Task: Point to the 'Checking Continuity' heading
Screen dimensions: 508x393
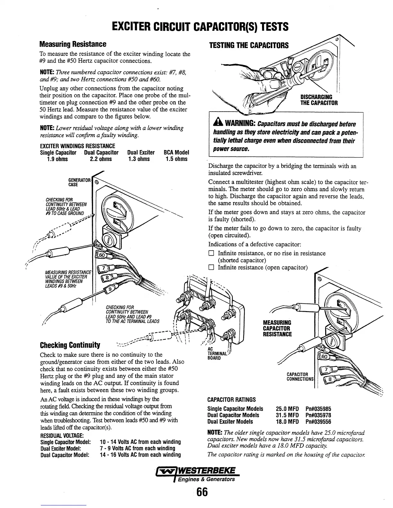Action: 70,345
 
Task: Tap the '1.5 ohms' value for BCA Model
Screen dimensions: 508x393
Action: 177,159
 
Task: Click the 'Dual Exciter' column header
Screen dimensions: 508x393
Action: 141,152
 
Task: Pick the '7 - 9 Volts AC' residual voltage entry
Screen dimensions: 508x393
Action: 137,448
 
